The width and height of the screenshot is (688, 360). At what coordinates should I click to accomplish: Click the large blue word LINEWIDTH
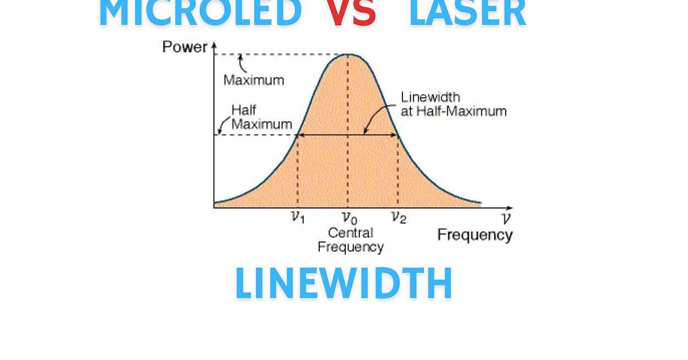click(x=344, y=283)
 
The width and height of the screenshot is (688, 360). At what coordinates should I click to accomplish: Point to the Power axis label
click(x=184, y=47)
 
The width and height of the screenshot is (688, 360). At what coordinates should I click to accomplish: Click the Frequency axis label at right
click(x=474, y=235)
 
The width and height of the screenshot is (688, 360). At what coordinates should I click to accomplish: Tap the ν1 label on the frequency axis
click(x=297, y=217)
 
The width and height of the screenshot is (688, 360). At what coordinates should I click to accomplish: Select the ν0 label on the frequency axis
click(x=348, y=219)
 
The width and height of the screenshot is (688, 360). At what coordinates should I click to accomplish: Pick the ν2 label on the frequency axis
click(x=398, y=217)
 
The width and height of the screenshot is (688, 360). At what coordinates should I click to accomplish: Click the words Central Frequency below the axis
click(x=350, y=240)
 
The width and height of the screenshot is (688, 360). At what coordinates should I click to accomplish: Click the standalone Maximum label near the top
click(x=254, y=80)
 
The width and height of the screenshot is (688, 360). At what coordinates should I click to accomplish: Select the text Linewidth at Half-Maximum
click(x=453, y=104)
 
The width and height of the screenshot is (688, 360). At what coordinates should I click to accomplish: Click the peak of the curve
click(x=348, y=54)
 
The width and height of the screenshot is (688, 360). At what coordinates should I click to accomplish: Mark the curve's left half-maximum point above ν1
click(x=298, y=135)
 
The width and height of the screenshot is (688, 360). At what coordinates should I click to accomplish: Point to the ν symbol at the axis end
click(x=506, y=218)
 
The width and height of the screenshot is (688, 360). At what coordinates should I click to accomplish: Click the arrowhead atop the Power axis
click(x=214, y=45)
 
